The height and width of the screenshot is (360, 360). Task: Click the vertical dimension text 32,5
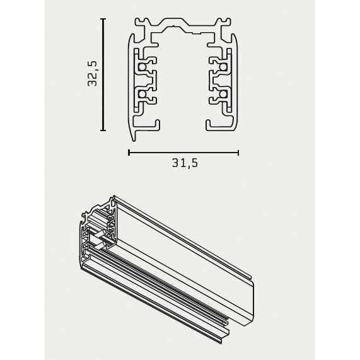point(93,74)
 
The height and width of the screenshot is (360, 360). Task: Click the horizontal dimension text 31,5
point(184,163)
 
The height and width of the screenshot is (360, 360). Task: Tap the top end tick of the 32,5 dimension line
point(103,19)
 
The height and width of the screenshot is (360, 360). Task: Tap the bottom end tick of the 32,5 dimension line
point(103,131)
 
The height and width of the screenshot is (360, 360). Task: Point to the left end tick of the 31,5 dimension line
point(129,152)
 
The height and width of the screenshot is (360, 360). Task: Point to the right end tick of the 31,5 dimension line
point(238,152)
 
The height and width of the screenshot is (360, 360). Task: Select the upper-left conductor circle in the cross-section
point(144,66)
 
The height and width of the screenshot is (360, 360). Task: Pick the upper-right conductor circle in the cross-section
point(223,66)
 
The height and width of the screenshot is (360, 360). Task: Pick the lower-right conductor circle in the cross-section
point(223,95)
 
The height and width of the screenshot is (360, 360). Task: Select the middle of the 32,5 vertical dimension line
point(103,74)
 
